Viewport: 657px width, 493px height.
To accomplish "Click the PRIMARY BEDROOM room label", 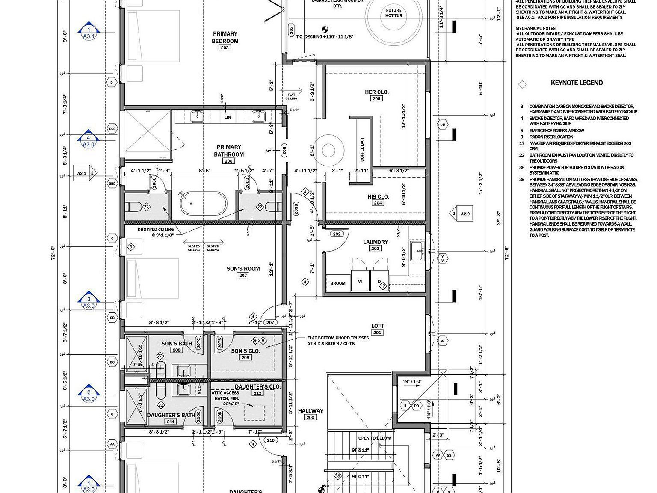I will click(x=225, y=37).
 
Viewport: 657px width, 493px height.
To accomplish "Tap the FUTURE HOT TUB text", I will click(x=394, y=13).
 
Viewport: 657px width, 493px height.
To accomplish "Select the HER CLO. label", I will click(x=376, y=92).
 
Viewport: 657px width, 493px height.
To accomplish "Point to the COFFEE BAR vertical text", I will click(x=362, y=149).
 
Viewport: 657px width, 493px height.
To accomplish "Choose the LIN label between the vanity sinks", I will click(x=228, y=117).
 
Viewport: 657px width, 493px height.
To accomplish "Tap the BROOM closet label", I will click(x=338, y=283).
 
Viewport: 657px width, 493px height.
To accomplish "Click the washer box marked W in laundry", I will click(x=360, y=282).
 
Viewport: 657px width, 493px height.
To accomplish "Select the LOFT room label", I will click(x=377, y=326).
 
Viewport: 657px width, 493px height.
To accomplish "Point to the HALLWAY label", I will click(x=311, y=411).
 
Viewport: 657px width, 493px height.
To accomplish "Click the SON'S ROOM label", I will click(x=243, y=269).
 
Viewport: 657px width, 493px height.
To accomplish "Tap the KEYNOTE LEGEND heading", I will click(x=577, y=83).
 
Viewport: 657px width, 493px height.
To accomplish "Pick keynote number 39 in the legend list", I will click(x=522, y=179).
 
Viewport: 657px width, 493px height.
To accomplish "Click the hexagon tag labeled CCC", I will click(x=112, y=129).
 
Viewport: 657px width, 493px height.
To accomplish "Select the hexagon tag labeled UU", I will click(x=443, y=125).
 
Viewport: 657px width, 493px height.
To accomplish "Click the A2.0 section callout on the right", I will click(x=465, y=214).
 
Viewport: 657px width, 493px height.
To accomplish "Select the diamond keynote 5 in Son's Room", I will click(x=131, y=246).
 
